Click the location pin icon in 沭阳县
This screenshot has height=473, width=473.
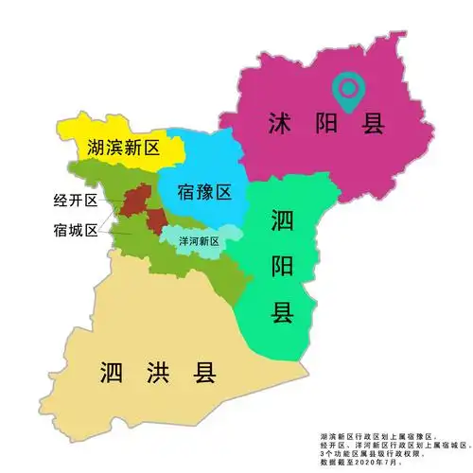click(349, 90)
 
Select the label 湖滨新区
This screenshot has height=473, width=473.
click(121, 149)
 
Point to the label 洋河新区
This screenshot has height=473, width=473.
click(200, 241)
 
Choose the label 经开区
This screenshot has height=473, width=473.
click(77, 201)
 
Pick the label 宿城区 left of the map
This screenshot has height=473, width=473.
click(77, 229)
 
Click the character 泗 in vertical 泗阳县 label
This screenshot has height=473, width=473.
click(282, 223)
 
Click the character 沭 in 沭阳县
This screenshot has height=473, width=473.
click(280, 123)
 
